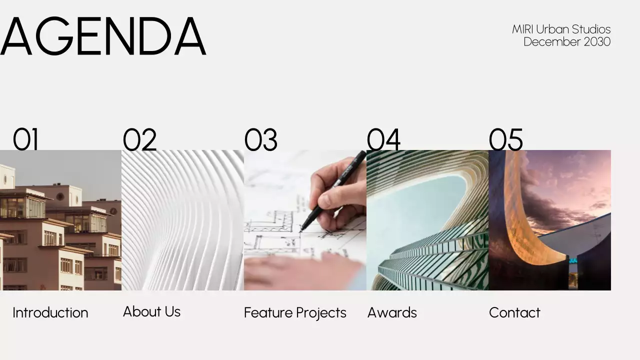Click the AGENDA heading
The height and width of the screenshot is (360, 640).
coord(103,36)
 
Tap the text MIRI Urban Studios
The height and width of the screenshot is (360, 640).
coord(561,29)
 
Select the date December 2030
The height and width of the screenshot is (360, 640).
coord(566,41)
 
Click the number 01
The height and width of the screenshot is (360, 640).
coord(25,139)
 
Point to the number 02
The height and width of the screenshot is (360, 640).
coord(139,139)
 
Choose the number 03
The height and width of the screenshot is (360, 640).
coord(260,139)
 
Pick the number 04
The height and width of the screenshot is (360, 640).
coord(383,139)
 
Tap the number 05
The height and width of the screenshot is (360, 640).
coord(505,139)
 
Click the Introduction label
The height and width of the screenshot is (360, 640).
coord(50,312)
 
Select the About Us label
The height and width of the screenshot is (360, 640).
coord(151,311)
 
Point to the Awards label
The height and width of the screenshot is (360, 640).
coord(392,312)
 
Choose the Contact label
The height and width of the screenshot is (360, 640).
coord(514,312)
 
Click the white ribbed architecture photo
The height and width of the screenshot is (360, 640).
coord(182,220)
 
